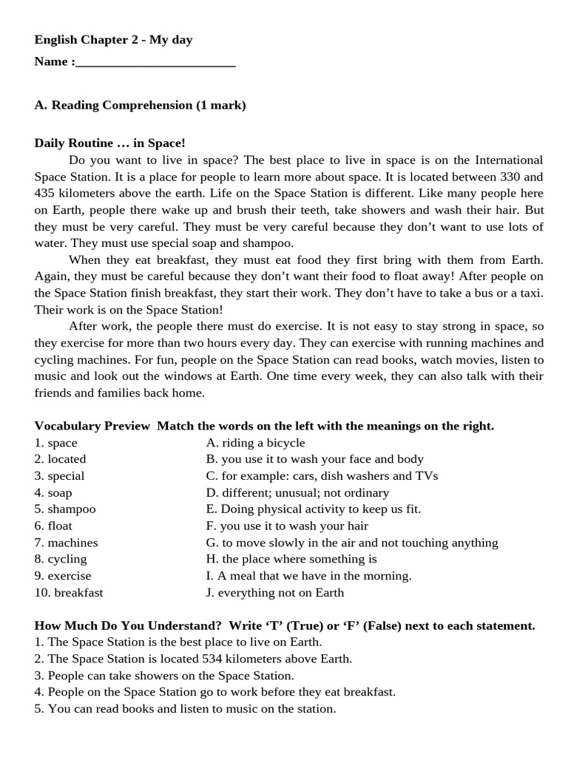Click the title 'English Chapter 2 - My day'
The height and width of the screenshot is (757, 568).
pos(113,40)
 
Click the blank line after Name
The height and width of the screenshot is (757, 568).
pos(155,62)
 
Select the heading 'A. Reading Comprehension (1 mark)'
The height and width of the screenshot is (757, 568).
pos(140,105)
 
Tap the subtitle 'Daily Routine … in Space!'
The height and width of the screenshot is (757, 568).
pos(109,143)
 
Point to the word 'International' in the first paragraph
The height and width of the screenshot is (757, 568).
pos(509,160)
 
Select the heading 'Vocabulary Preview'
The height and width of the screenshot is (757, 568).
pos(92,426)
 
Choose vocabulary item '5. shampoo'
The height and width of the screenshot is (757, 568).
pos(65,509)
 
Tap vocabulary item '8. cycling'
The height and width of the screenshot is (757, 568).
pos(61,559)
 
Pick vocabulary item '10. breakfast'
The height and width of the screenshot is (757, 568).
pos(69,592)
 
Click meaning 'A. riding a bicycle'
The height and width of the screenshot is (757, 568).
pos(255,443)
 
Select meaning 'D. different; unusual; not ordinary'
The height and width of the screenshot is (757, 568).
pos(297,492)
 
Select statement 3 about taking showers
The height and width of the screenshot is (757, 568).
pos(164,676)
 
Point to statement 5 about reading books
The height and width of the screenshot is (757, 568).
pos(185,709)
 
